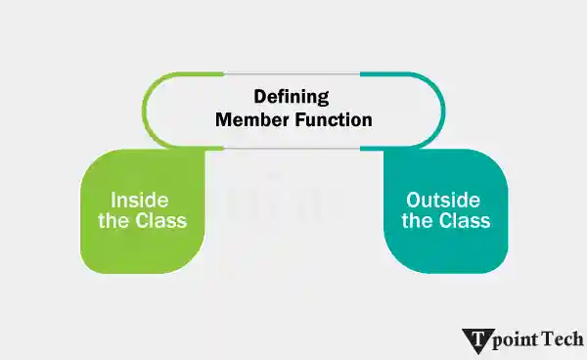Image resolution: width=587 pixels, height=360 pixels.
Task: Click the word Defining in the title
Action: (293, 97)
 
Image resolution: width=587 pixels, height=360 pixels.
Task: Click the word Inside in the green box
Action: (142, 197)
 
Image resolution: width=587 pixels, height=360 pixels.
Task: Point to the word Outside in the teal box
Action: (446, 198)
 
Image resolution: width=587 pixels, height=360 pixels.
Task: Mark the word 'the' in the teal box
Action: (417, 220)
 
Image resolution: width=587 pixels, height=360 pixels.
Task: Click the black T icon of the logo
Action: (478, 340)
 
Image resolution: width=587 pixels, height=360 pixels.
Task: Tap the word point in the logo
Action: (519, 340)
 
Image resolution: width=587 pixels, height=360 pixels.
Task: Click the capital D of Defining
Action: (260, 97)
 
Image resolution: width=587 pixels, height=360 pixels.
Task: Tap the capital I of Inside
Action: (113, 197)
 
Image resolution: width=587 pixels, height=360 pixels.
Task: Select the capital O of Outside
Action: (413, 198)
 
